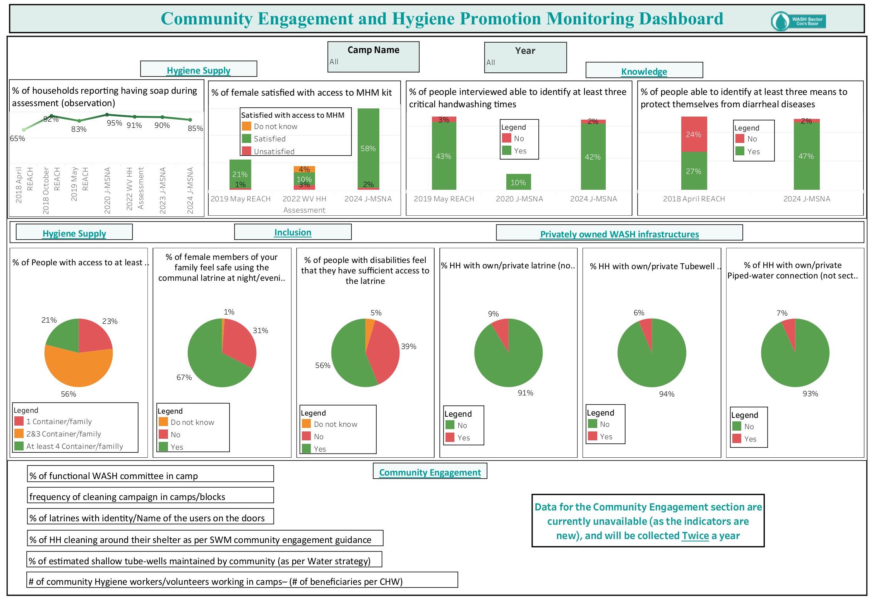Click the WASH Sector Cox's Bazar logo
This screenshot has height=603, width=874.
pyautogui.click(x=798, y=21)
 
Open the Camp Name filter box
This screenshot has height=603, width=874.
pyautogui.click(x=373, y=57)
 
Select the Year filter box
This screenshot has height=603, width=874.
pyautogui.click(x=525, y=58)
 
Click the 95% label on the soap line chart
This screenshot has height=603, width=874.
pyautogui.click(x=114, y=123)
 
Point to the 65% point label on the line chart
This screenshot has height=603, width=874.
pyautogui.click(x=17, y=138)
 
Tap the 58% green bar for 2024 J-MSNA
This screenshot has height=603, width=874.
pyautogui.click(x=368, y=148)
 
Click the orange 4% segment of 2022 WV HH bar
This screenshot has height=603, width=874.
pyautogui.click(x=304, y=169)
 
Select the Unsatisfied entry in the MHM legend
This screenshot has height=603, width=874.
pyautogui.click(x=274, y=151)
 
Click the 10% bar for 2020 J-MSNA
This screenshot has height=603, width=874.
pyautogui.click(x=518, y=182)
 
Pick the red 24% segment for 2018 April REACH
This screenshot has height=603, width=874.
pyautogui.click(x=694, y=134)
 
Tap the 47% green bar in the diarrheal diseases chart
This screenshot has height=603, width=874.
pyautogui.click(x=806, y=156)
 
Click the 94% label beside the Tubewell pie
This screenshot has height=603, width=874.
pyautogui.click(x=667, y=394)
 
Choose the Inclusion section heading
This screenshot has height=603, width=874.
pyautogui.click(x=293, y=232)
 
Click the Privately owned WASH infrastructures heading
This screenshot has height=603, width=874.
pyautogui.click(x=619, y=234)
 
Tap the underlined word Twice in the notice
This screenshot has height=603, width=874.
pyautogui.click(x=695, y=536)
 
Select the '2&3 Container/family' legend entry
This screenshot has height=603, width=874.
pyautogui.click(x=63, y=434)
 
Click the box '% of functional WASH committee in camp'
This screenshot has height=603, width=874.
pyautogui.click(x=150, y=475)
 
